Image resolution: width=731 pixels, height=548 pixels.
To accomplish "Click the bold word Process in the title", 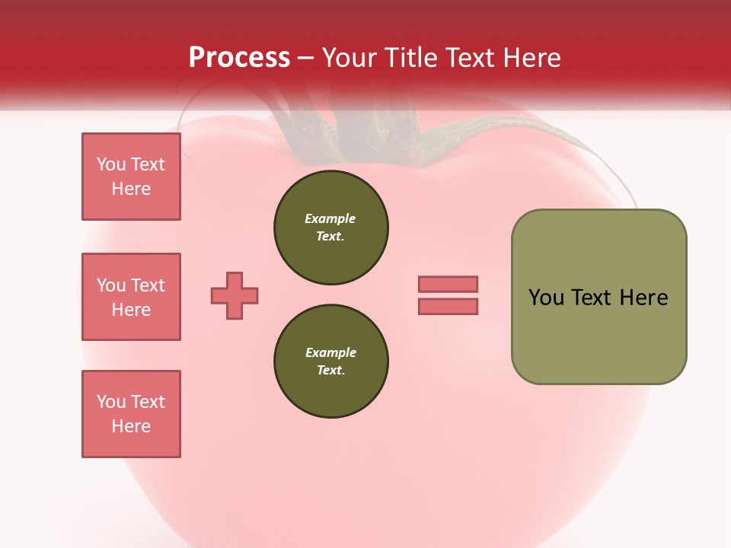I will tap(239, 58).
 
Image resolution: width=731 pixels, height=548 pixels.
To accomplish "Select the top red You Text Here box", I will tap(131, 177).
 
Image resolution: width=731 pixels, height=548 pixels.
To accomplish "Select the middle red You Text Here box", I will tap(131, 297).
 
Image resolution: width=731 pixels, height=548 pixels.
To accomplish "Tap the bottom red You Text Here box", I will tap(131, 414).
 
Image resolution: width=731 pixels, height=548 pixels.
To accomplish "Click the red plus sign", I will tap(235, 295).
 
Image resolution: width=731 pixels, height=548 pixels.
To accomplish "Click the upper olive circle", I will tap(330, 228).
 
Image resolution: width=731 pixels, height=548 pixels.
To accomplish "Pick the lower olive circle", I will tap(330, 362).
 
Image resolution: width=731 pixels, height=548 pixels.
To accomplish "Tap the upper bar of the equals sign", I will tap(448, 284).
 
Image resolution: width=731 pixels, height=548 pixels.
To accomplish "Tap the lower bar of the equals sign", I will tap(448, 307).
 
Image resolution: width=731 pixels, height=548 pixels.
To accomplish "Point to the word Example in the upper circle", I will tap(330, 218).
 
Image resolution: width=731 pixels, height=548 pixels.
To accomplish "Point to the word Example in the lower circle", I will tap(330, 352).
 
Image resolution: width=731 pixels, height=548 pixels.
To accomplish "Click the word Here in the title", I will tap(531, 58).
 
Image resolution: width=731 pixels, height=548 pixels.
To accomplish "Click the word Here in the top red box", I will tap(131, 189).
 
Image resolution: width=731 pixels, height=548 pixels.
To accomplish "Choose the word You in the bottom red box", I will tap(111, 402).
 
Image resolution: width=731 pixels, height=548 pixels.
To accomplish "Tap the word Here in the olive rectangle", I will tap(643, 298).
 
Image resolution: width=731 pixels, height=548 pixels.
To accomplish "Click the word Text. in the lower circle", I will tap(330, 371).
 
